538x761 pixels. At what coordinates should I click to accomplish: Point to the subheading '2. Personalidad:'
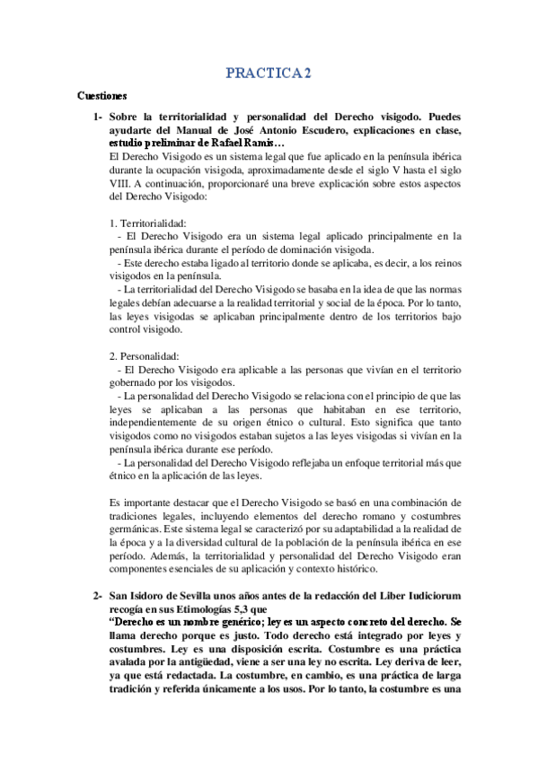143,357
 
